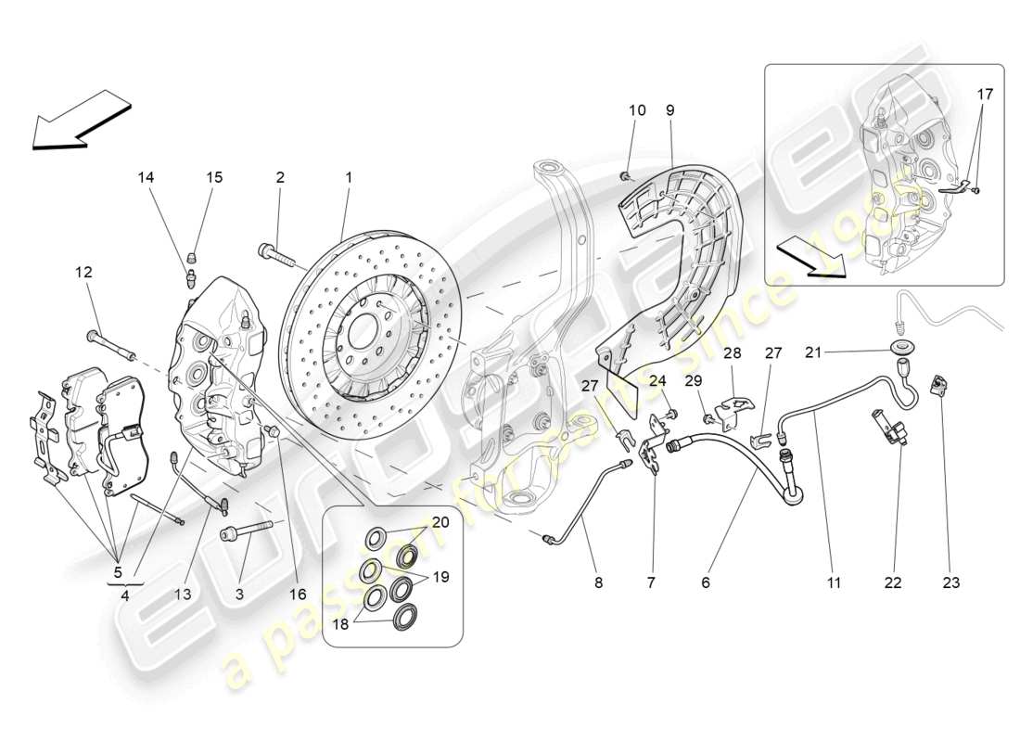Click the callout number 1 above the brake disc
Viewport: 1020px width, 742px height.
349,176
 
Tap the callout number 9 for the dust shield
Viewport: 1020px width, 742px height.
669,110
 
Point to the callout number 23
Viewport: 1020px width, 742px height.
951,582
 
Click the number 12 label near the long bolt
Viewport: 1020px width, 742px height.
84,272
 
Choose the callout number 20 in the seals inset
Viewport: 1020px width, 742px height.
440,522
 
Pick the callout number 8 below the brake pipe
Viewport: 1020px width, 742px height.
598,582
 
